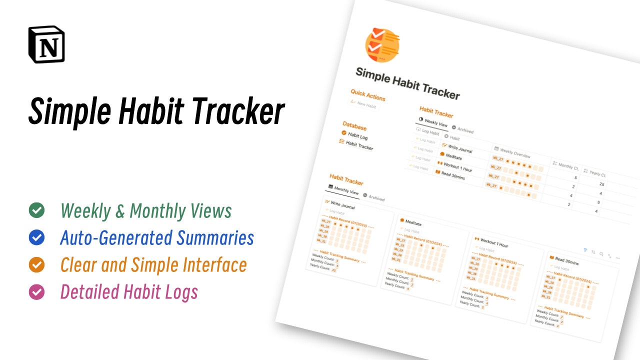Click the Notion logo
coord(46,44)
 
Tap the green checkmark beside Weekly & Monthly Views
coord(36,210)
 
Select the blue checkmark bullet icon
coord(36,237)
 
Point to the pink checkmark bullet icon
coord(36,291)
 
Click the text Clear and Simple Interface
coord(153,264)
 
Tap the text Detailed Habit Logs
coord(129,291)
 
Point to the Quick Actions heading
coord(367,95)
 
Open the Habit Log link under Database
coord(357,135)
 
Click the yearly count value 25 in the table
coord(602,184)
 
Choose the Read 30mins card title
coord(566,261)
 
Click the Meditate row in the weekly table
coord(453,156)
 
